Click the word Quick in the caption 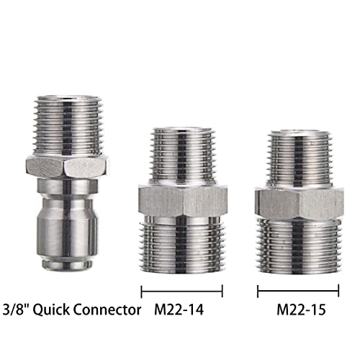pyautogui.click(x=51, y=310)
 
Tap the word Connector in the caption pyautogui.click(x=107, y=310)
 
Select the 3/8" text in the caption pyautogui.click(x=16, y=310)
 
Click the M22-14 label pyautogui.click(x=179, y=310)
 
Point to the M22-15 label pyautogui.click(x=302, y=310)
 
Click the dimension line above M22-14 pyautogui.click(x=182, y=292)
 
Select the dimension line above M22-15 pyautogui.click(x=298, y=291)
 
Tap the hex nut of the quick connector pyautogui.click(x=67, y=167)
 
